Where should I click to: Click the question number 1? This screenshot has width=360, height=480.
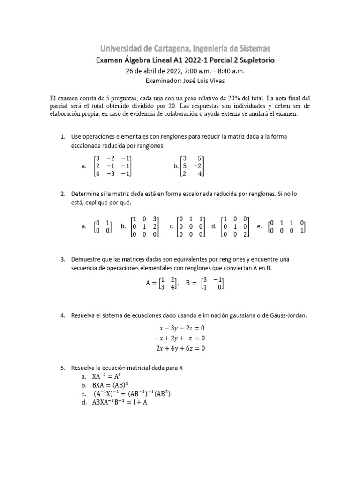click(62, 136)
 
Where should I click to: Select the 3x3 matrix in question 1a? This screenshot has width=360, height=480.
click(113, 166)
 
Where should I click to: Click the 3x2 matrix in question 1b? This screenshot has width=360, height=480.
click(193, 166)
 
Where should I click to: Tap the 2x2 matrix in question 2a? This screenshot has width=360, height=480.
click(103, 227)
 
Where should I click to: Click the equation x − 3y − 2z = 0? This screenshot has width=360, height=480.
click(180, 328)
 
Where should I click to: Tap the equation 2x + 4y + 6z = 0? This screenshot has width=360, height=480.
click(180, 348)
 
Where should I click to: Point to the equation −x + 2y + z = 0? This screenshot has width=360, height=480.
click(180, 338)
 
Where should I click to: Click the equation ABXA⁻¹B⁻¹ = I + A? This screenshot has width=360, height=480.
click(120, 402)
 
